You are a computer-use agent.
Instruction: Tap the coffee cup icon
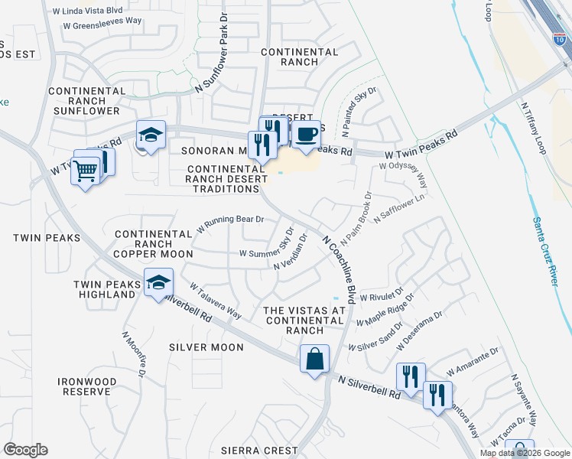307,135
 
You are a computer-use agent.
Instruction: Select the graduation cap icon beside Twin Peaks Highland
158,283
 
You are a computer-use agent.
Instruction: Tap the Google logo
25,450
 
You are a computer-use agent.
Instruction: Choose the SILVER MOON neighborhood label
206,347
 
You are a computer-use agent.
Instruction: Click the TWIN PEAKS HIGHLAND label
104,289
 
